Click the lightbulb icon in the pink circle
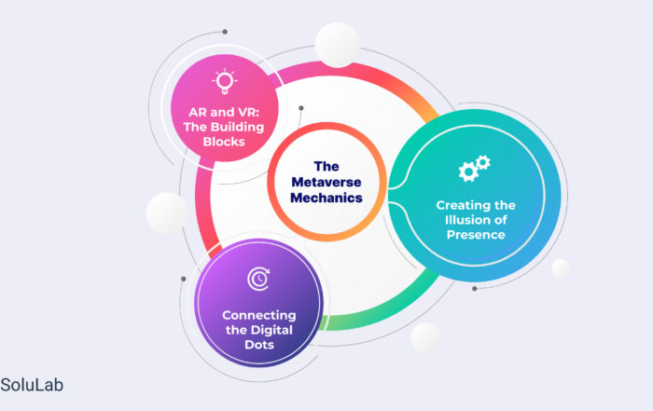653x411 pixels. [x=225, y=81]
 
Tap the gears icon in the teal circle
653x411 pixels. [x=474, y=168]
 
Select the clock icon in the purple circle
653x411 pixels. [x=258, y=279]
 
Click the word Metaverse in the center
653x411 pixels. [x=326, y=182]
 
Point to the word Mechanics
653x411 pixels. [x=326, y=198]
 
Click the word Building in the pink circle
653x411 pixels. [x=238, y=128]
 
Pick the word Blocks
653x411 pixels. [x=224, y=142]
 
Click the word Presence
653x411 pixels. [x=476, y=235]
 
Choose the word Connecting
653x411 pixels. [x=259, y=316]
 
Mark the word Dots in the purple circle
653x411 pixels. [x=259, y=345]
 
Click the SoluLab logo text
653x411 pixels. [x=32, y=385]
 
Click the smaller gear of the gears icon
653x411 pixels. [x=483, y=162]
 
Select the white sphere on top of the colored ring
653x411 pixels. [x=338, y=45]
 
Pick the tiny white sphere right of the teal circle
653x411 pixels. [x=561, y=267]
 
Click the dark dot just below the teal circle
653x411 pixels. [x=474, y=288]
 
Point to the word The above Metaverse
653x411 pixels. [x=326, y=167]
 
